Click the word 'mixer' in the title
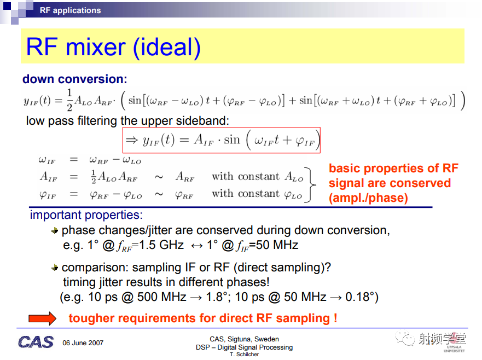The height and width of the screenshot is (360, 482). point(96,47)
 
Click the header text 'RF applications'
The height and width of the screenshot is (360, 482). point(70,10)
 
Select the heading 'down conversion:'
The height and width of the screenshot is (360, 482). point(75,79)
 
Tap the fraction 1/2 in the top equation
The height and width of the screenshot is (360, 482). point(69,100)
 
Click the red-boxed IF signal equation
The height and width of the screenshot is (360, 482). point(222,140)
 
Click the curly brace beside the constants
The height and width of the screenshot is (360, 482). point(310,185)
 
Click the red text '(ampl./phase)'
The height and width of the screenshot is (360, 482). point(368,198)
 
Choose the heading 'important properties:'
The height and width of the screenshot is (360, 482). point(86,215)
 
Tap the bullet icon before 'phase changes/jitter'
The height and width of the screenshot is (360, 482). point(55,230)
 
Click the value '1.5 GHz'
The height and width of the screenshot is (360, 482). point(161,245)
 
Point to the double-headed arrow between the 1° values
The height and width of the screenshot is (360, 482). point(196,246)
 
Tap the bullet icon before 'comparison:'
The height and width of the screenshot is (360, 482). point(55,268)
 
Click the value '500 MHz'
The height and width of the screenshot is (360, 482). point(162,297)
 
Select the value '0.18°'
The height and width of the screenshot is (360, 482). point(359,297)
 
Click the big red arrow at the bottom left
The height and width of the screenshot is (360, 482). point(43,318)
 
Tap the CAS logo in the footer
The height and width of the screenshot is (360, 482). point(36,342)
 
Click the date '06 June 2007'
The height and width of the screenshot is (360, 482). point(83,343)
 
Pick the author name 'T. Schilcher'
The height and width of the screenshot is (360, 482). point(245,354)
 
